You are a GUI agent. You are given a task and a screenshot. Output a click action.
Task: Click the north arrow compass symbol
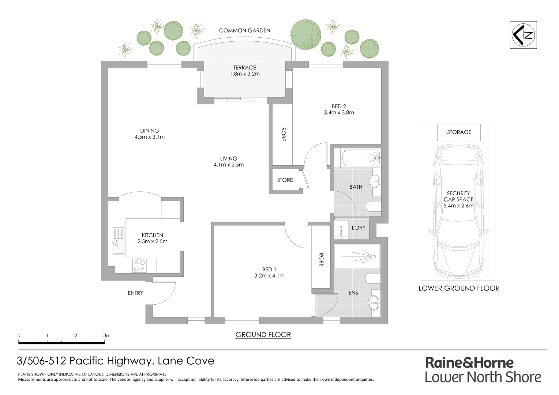coord(523,35)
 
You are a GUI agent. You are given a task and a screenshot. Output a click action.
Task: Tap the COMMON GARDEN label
coord(244,30)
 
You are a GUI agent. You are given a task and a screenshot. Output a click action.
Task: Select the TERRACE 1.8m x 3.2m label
coord(244,71)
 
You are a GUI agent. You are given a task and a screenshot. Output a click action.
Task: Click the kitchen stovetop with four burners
coord(139,265)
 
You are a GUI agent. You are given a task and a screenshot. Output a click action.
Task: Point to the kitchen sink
coord(118,241)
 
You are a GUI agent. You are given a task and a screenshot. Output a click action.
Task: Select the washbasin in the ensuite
coord(374,302)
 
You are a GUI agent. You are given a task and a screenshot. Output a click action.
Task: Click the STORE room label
coord(285,180)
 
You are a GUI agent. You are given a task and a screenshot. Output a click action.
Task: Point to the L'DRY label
coord(358,227)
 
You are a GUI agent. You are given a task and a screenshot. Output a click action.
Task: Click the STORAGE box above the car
coord(459,132)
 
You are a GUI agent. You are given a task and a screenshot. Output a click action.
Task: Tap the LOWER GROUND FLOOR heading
coord(459,288)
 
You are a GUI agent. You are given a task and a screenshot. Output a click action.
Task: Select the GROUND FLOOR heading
coord(263,334)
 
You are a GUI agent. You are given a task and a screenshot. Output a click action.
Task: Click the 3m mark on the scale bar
coord(106,335)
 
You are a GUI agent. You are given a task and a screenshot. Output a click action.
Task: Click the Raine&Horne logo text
coord(469,362)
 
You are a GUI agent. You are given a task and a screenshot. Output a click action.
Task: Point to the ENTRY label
coord(135,293)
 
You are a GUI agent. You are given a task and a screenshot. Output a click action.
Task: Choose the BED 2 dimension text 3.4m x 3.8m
coord(339,113)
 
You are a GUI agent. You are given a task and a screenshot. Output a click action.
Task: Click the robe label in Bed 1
coord(321,259)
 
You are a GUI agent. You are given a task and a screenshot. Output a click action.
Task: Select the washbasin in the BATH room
coord(375,180)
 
